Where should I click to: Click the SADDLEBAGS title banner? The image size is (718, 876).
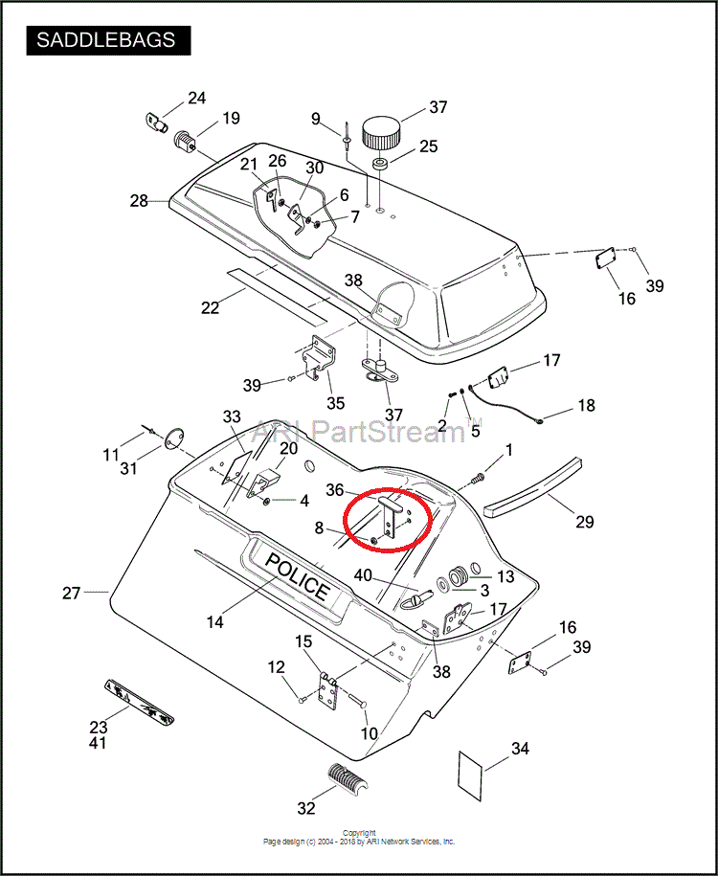point(106,40)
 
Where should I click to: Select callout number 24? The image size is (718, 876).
point(196,98)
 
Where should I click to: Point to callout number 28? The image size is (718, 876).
point(140,201)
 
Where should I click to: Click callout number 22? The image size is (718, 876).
point(210,308)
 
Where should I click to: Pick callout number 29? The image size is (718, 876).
point(584,522)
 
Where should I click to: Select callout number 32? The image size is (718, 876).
point(305,808)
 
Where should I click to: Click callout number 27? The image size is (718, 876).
point(72,594)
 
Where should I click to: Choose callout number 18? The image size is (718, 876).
point(585,406)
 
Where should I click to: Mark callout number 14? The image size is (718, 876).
point(214,622)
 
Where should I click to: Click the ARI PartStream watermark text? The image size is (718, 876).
point(364,433)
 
